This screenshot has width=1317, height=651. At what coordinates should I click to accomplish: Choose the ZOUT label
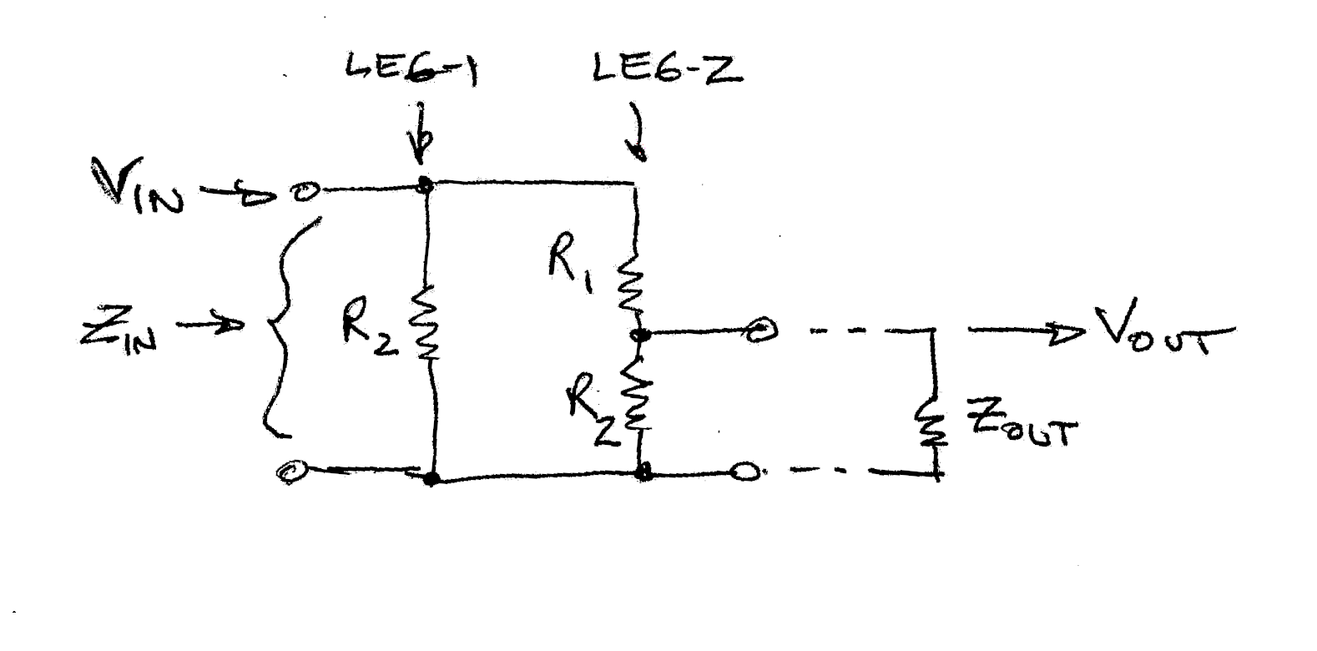click(x=1022, y=431)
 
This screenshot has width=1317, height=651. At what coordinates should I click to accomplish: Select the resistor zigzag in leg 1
click(x=426, y=321)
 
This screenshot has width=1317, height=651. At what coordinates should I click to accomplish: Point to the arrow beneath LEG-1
click(x=421, y=134)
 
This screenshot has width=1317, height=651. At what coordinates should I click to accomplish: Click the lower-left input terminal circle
click(x=291, y=472)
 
